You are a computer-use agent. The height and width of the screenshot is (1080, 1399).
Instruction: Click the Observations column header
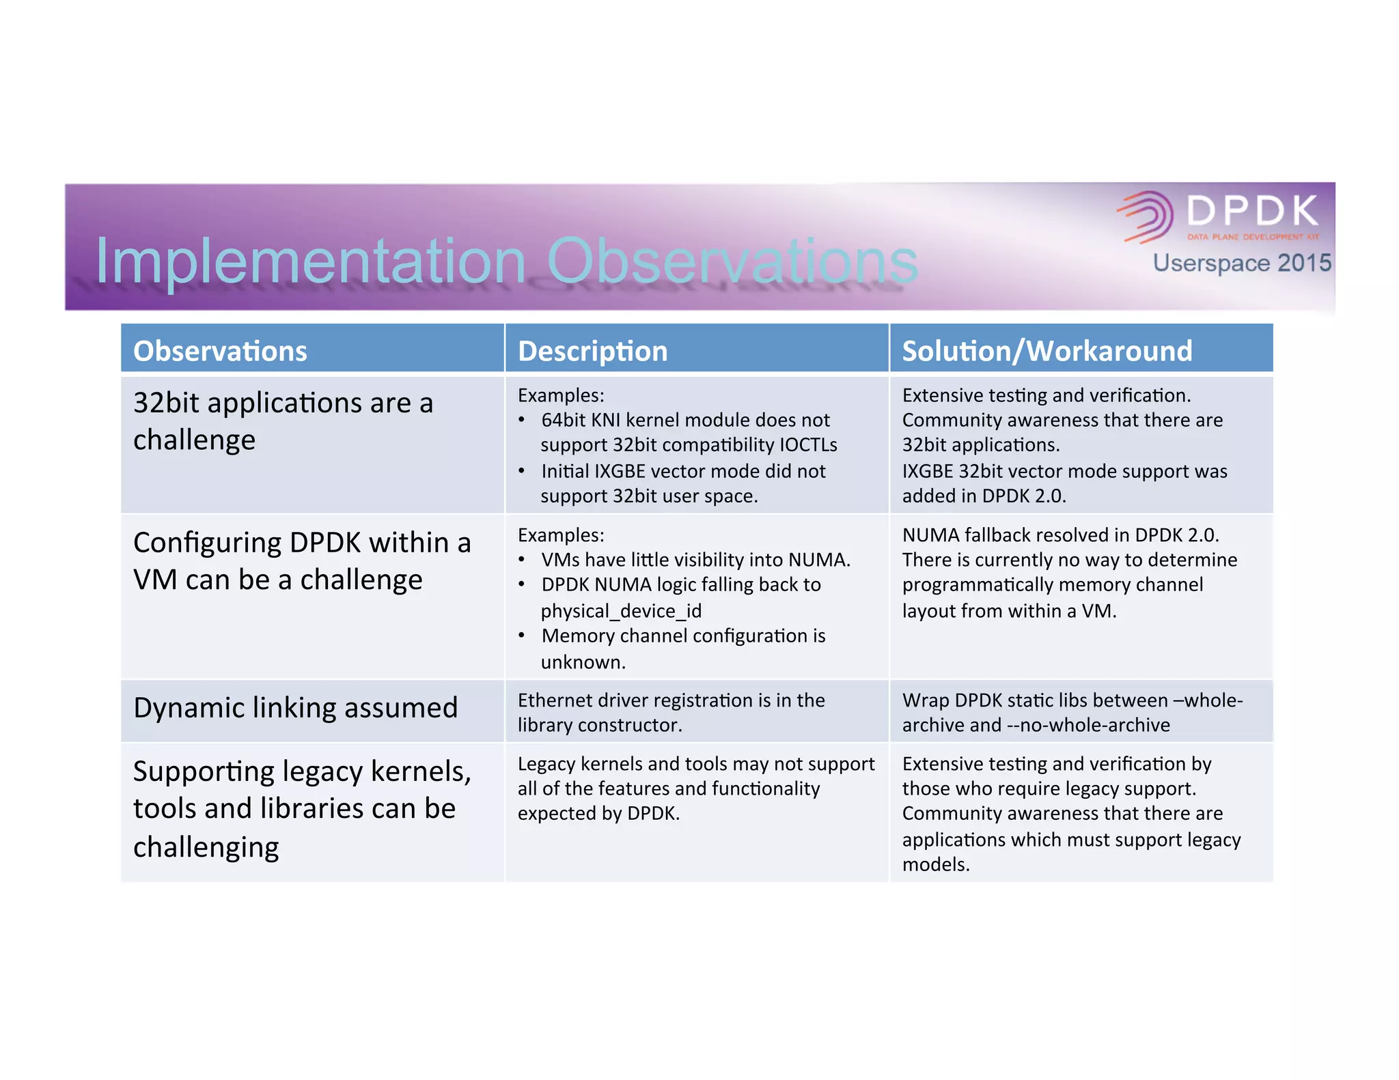220,351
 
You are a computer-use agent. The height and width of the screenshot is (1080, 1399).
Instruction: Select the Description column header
592,351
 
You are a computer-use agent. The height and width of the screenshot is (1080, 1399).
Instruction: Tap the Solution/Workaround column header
1047,351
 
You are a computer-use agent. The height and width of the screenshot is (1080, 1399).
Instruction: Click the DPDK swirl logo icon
1146,216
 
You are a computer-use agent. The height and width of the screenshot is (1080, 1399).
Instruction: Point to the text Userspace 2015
1241,263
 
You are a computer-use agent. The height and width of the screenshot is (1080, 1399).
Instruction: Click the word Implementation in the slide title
310,261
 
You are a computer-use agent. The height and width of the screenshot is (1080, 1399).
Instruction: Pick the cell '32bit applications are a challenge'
283,421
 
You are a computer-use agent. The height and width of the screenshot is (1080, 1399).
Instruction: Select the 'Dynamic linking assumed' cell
295,708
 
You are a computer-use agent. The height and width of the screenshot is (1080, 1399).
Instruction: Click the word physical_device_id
621,610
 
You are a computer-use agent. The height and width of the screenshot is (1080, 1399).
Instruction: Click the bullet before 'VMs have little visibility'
522,560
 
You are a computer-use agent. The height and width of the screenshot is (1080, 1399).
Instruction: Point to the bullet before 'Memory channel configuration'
522,636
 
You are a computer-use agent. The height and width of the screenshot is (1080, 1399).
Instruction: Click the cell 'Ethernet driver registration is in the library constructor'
671,712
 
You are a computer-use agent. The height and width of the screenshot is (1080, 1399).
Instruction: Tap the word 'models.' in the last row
936,865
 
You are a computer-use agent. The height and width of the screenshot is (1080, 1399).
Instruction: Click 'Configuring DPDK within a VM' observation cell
302,561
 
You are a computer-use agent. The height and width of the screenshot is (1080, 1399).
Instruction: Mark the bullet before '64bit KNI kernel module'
522,421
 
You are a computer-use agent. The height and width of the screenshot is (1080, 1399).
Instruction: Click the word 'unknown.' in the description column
583,662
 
